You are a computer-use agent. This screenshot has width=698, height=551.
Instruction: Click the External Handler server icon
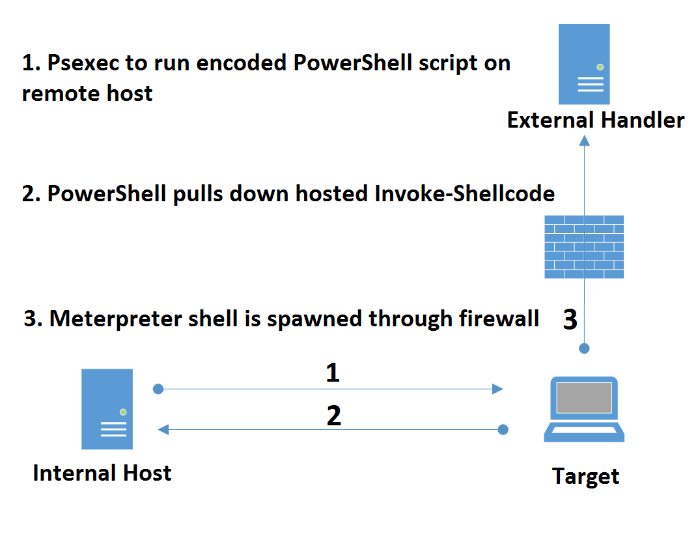584,64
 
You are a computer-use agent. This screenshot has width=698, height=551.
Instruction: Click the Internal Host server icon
107,409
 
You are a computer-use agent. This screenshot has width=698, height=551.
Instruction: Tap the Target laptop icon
584,409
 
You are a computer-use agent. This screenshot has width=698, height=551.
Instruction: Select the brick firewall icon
584,247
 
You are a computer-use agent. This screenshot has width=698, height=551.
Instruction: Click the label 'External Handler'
595,120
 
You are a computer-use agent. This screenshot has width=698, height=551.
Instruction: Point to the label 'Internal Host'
102,472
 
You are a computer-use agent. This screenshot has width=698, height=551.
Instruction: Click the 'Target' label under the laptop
585,476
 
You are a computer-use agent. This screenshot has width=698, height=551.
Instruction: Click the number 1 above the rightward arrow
333,373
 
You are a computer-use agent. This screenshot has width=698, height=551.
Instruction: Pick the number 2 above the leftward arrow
333,416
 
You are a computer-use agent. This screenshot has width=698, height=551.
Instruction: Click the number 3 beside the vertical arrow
570,319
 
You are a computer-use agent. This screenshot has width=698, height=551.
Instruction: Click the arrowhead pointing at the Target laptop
497,389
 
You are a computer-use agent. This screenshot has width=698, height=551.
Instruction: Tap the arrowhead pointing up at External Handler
584,141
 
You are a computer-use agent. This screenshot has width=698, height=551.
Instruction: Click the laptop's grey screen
584,397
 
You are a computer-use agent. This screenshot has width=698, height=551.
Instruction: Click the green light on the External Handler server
600,67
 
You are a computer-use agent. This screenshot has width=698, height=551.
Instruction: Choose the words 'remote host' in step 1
87,93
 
